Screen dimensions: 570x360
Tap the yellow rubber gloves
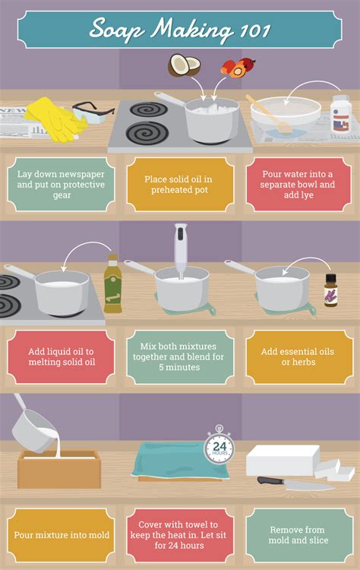click(x=52, y=118)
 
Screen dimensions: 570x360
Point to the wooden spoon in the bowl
click(x=266, y=114)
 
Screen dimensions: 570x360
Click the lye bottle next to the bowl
click(x=341, y=116)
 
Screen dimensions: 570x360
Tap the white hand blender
click(x=180, y=251)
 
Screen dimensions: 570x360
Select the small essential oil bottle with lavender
click(x=330, y=291)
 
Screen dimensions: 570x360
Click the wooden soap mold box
click(x=59, y=468)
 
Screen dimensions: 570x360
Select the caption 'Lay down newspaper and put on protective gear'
click(x=60, y=184)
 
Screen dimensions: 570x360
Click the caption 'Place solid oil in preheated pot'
click(x=180, y=184)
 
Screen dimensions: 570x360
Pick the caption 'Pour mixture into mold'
click(x=60, y=534)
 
